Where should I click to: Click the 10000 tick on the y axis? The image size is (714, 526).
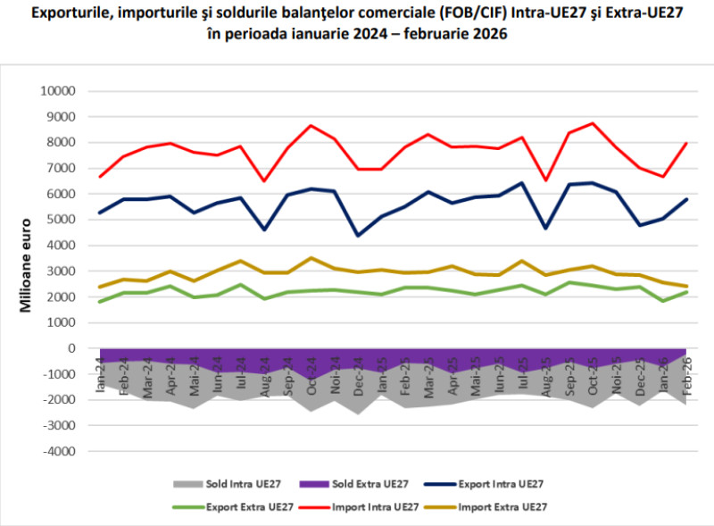tap(58, 91)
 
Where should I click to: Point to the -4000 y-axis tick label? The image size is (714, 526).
tap(59, 451)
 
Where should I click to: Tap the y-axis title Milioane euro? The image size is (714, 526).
tap(26, 266)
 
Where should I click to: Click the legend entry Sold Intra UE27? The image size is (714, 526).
tap(227, 484)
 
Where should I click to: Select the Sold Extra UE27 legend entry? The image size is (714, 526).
tap(353, 484)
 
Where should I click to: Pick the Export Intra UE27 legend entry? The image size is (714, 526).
tap(484, 484)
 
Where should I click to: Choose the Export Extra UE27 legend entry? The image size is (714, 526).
tap(233, 507)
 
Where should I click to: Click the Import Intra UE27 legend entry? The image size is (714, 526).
tap(359, 507)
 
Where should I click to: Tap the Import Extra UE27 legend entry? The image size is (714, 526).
tap(486, 507)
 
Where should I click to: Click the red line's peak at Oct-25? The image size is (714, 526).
tap(593, 123)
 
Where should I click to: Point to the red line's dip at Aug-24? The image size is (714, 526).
tap(264, 181)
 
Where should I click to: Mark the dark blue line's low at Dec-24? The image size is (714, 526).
tap(358, 236)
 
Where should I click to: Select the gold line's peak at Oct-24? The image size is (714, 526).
tap(311, 258)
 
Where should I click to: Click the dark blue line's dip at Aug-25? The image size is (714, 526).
tap(545, 228)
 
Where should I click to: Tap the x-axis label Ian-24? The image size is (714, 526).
tap(101, 375)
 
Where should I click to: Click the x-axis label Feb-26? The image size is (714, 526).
tap(686, 376)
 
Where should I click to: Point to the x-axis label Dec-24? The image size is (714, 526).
tap(358, 376)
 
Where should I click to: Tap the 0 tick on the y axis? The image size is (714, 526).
tap(71, 348)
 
